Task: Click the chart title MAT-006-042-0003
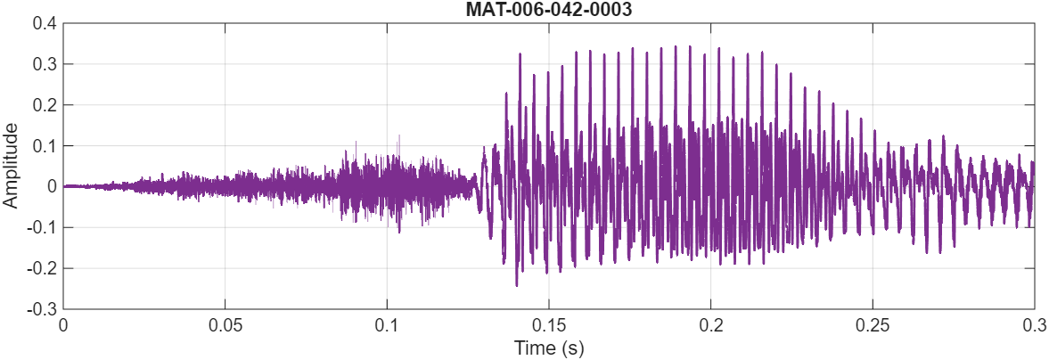548,9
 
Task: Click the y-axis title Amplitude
11,166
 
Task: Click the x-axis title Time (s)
548,347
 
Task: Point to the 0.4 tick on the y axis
45,24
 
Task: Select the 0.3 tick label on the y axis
45,65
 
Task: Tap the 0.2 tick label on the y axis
45,105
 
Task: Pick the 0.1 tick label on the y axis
45,146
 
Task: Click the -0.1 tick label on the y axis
42,227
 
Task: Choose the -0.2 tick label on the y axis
42,268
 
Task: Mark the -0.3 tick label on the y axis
42,308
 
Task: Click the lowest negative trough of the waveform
517,285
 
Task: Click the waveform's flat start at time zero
66,186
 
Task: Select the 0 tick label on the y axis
50,186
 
